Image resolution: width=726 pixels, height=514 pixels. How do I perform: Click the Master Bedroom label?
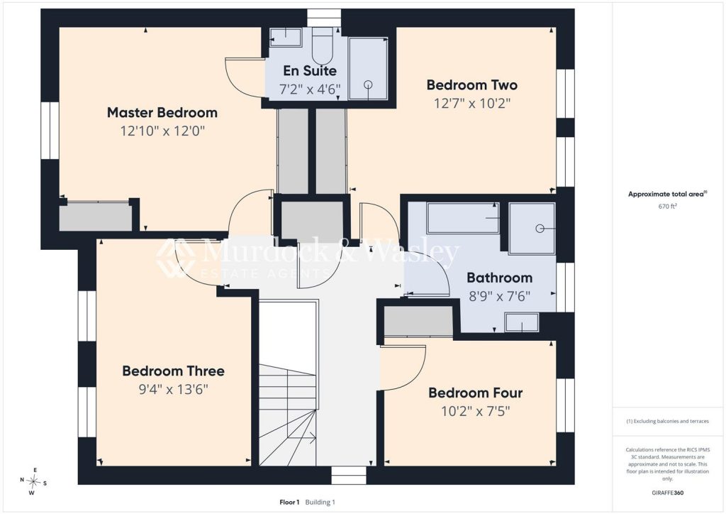(162, 113)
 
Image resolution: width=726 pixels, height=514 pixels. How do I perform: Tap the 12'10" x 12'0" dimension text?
(162, 131)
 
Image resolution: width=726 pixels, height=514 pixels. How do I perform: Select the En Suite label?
(310, 71)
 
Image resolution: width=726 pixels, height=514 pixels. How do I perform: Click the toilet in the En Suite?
(323, 45)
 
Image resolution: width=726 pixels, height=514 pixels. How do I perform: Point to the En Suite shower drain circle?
(368, 84)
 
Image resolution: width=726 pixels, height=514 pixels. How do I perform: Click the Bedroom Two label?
(471, 85)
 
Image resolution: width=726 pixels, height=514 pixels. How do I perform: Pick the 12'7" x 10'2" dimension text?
(471, 104)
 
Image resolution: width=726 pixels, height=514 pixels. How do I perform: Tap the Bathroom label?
(499, 278)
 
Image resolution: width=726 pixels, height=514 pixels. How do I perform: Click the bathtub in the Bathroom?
(463, 218)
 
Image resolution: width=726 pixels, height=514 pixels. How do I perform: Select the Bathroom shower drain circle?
(540, 229)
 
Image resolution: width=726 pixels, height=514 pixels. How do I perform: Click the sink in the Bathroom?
(522, 322)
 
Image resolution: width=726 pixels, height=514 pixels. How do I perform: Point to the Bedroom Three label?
(173, 371)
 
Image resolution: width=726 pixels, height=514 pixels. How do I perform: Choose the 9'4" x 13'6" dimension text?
(173, 389)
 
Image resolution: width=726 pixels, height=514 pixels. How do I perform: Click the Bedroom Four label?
(475, 393)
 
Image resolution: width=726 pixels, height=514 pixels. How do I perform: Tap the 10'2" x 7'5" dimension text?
(475, 411)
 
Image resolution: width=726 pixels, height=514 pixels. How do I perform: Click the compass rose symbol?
(33, 481)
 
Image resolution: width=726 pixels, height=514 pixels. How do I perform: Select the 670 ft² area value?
(667, 207)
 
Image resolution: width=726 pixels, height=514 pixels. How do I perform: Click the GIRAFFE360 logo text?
(667, 493)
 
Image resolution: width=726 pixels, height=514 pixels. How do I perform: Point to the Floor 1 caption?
(289, 502)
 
